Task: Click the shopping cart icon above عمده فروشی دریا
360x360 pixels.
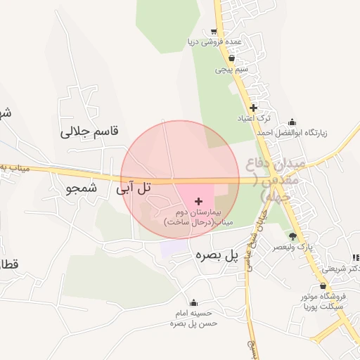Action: tap(214, 32)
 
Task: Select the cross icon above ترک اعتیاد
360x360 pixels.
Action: tap(253, 108)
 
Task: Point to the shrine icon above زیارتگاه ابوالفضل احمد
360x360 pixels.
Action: tap(292, 121)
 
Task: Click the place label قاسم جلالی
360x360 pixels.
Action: tap(90, 131)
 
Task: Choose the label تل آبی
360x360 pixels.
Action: tap(134, 188)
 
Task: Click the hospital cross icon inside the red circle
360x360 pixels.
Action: tap(198, 201)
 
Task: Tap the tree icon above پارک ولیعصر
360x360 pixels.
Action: tap(293, 236)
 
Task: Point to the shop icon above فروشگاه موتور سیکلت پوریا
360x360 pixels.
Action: tap(323, 286)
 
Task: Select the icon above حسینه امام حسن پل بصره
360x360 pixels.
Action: tap(194, 303)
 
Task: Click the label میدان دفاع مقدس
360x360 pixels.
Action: tap(275, 180)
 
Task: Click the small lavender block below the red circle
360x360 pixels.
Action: tap(169, 247)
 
